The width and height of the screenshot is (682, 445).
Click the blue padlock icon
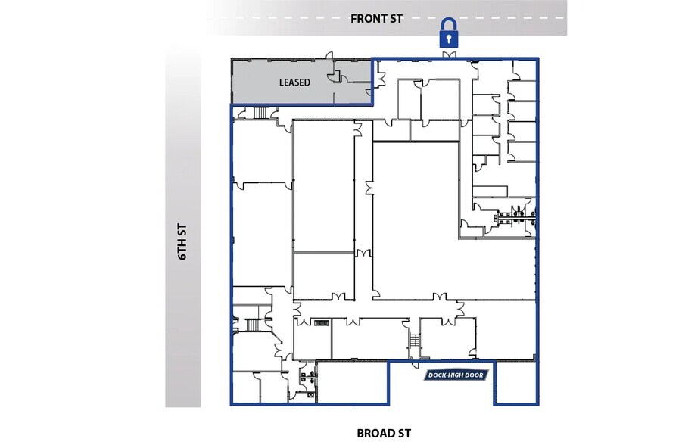(x=450, y=34)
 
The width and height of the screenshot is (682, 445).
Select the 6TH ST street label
(x=182, y=242)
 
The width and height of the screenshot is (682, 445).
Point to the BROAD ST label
(x=383, y=434)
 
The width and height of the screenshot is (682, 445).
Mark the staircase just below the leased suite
(x=258, y=114)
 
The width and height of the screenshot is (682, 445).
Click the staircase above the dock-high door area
(x=414, y=340)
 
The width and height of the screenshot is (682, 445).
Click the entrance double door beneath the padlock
(x=451, y=56)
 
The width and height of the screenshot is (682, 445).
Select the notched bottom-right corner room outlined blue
(x=516, y=382)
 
